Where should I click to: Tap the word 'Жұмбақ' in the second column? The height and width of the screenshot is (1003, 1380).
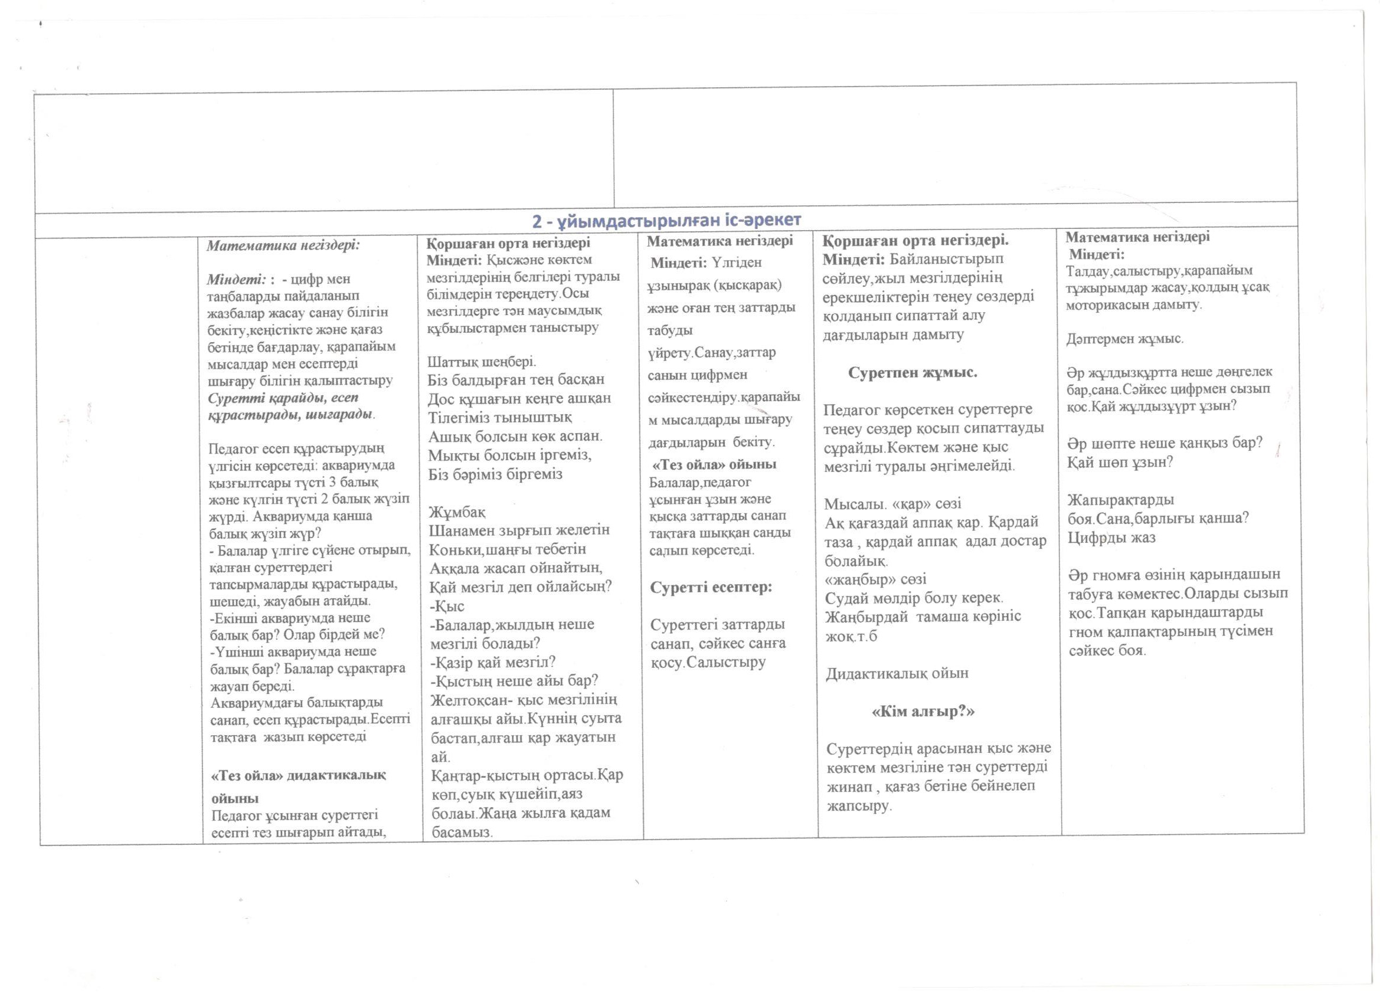tap(457, 510)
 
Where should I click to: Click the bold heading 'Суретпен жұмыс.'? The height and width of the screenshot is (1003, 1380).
tap(913, 372)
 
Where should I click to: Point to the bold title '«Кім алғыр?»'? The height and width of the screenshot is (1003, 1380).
tap(923, 711)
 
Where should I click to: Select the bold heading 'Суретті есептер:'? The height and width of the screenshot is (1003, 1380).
tap(711, 588)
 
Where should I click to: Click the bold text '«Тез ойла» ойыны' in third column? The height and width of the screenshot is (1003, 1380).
tap(714, 465)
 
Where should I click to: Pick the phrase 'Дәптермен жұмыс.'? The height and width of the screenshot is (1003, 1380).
tap(1125, 339)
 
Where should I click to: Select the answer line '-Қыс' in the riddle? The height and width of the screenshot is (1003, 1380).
tap(447, 606)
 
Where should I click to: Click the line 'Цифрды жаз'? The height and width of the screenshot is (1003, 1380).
tap(1111, 537)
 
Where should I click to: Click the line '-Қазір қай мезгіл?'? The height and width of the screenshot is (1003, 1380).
tap(493, 662)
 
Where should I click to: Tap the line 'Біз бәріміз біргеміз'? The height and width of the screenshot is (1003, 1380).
tap(495, 474)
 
